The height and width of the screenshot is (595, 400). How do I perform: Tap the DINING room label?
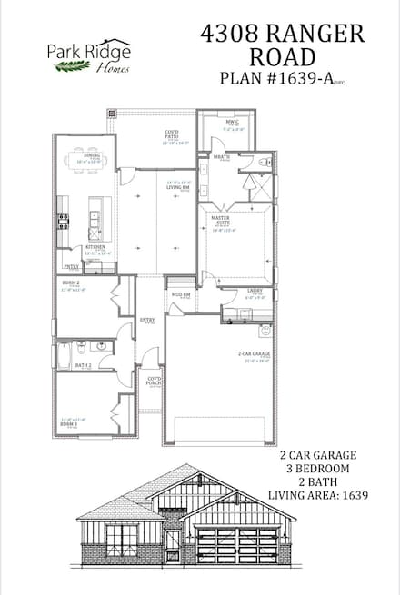pyautogui.click(x=92, y=156)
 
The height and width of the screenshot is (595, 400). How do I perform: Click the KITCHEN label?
pyautogui.click(x=96, y=246)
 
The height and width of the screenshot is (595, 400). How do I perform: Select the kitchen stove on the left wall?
pyautogui.click(x=63, y=218)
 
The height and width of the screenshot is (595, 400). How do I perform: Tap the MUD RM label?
pyautogui.click(x=180, y=295)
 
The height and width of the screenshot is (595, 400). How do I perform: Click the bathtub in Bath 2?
pyautogui.click(x=64, y=353)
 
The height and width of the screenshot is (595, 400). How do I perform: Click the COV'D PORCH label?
pyautogui.click(x=155, y=382)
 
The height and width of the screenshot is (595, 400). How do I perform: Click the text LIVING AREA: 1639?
pyautogui.click(x=318, y=495)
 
